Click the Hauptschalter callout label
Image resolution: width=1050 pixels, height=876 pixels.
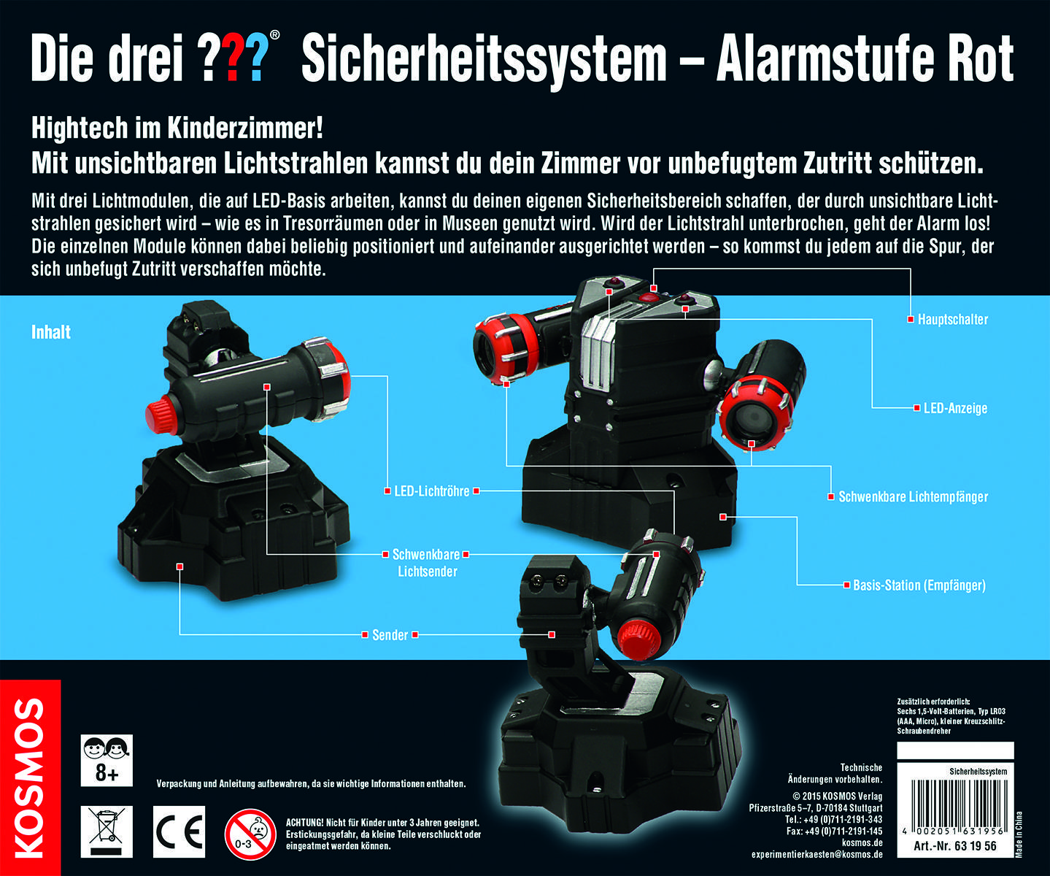pos(953,320)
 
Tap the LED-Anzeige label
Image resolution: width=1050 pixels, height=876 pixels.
pos(955,408)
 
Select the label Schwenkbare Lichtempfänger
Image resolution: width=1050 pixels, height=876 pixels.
pos(913,497)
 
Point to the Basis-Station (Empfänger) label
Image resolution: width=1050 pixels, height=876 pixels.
pos(919,585)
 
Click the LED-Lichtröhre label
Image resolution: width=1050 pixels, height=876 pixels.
pos(431,491)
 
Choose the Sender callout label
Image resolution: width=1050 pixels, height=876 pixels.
pos(390,635)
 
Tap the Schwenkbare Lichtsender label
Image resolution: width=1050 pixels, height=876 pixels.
pos(427,563)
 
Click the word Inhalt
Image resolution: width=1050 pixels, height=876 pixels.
pos(51,332)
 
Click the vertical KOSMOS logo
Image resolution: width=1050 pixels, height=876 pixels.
pos(30,777)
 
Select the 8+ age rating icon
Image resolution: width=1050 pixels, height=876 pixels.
pos(107,760)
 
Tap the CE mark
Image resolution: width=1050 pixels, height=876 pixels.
pos(179,832)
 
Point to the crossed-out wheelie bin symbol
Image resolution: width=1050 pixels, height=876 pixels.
pos(107,832)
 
